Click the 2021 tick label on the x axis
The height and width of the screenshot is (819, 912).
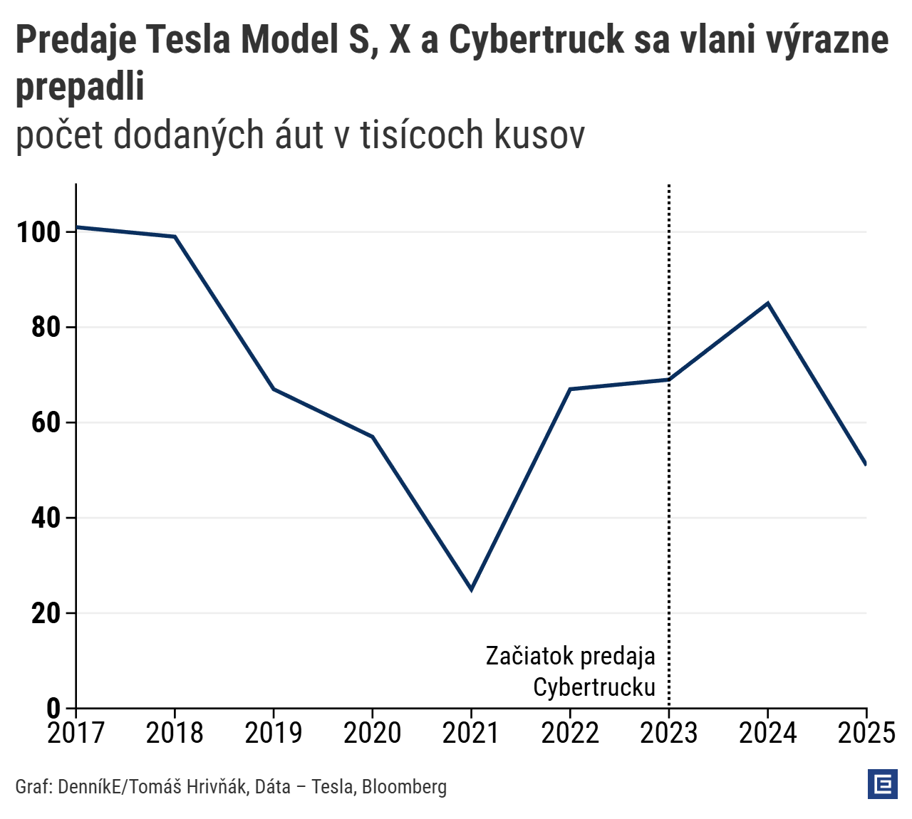tap(470, 732)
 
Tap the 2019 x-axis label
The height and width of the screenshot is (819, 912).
tap(274, 732)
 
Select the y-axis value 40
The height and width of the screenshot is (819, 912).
tap(46, 518)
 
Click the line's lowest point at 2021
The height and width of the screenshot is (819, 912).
tap(471, 589)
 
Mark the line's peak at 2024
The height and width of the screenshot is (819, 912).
tap(767, 303)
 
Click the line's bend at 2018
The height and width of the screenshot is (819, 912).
tap(175, 236)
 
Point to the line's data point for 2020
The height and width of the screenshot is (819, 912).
tap(372, 437)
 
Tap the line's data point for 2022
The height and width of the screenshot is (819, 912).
tap(570, 389)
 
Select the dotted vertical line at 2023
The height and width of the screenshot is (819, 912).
tap(668, 499)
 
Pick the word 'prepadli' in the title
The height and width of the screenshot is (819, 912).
tap(80, 87)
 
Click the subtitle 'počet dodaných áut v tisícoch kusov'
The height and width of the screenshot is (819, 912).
tap(300, 135)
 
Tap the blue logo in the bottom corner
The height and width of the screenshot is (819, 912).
tap(882, 784)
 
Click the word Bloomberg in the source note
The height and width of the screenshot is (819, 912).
tap(404, 787)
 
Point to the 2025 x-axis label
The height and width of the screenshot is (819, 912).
tap(866, 732)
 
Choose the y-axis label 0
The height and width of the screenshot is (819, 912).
tap(54, 708)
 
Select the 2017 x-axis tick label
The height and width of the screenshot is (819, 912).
tap(76, 732)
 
